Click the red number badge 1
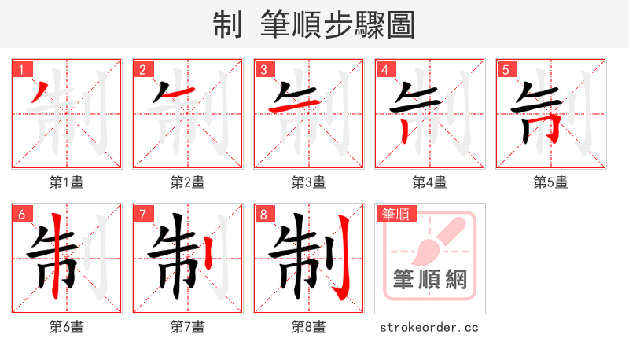coord(20,69)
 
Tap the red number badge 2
coord(142,69)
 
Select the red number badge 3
coord(263,69)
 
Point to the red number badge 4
coord(384,69)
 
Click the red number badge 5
coord(505,69)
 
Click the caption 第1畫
coord(66,182)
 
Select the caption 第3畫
coord(308,182)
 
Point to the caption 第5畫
coord(550,182)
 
